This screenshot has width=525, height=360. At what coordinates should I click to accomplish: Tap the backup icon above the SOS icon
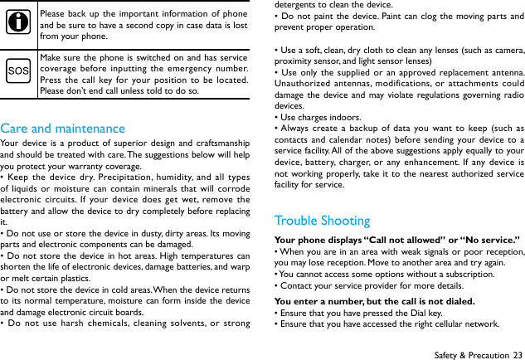(x=18, y=24)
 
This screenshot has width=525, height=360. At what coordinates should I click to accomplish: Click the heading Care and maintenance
(x=63, y=129)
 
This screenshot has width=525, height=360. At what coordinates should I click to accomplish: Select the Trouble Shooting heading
(x=322, y=221)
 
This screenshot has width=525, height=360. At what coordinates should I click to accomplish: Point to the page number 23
(x=518, y=354)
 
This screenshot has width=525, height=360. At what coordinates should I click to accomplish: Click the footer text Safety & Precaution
(x=471, y=354)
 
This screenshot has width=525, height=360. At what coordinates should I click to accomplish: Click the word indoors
(x=342, y=117)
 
